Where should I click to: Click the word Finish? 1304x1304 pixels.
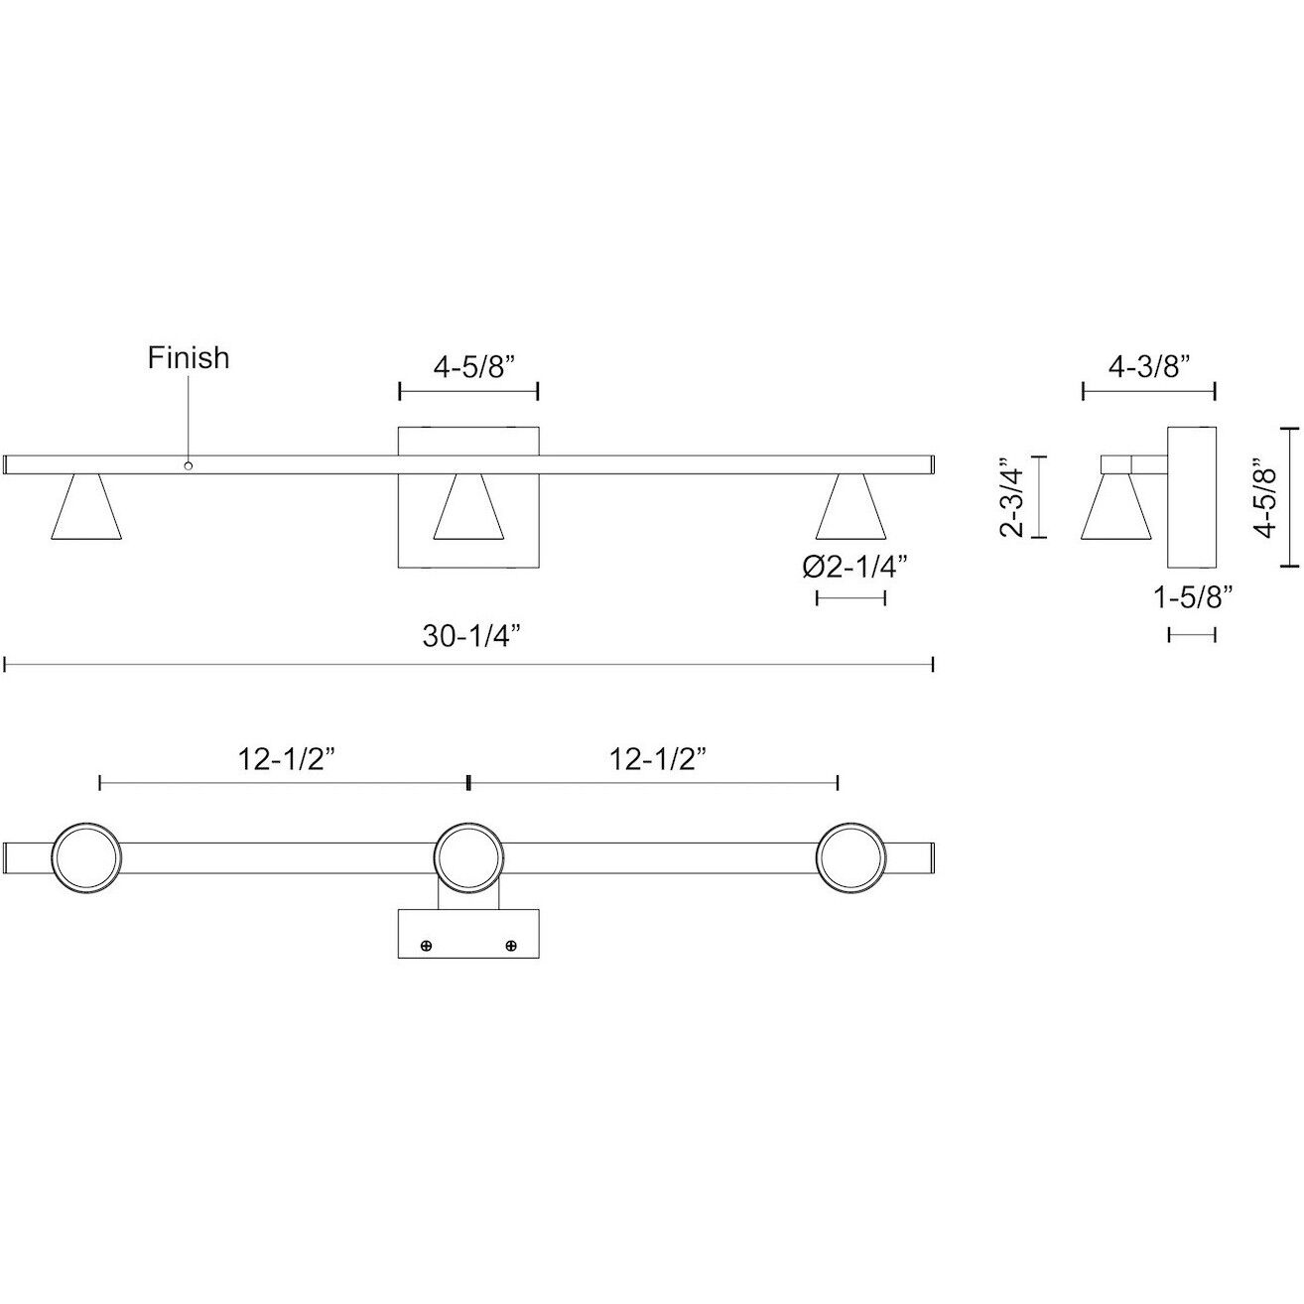pos(189,357)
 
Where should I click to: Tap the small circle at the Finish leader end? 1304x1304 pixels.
pos(188,464)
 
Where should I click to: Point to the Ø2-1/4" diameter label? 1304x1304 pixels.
pos(854,567)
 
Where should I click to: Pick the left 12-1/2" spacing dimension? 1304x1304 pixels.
pos(286,759)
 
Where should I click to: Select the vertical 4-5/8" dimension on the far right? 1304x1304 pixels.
pos(1263,497)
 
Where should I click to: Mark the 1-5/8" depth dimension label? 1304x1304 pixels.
pos(1193,597)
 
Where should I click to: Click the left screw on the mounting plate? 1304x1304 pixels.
pos(427,946)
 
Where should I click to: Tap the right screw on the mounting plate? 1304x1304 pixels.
pos(512,946)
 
